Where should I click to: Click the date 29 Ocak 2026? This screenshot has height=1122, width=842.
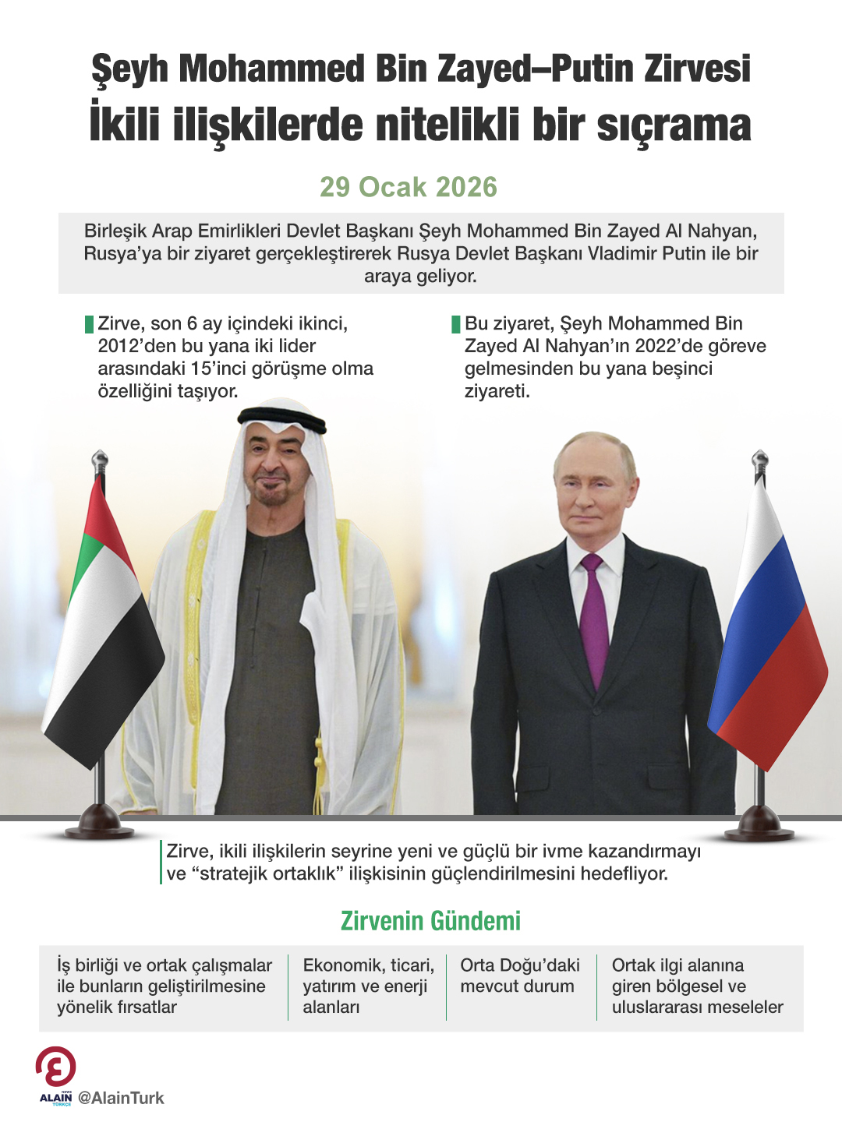[x=408, y=187]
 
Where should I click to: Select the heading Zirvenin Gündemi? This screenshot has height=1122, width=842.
[x=430, y=921]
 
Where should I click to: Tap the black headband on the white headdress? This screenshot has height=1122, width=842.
[x=282, y=421]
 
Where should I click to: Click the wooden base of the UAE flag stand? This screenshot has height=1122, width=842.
[x=99, y=822]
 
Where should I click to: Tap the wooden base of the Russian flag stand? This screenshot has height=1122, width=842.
[x=759, y=824]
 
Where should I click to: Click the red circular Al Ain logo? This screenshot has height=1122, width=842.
[x=56, y=1067]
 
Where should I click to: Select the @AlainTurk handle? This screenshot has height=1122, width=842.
[x=122, y=1098]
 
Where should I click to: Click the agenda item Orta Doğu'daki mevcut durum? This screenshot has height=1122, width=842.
[x=520, y=976]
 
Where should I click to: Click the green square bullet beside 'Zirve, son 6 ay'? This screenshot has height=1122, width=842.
[x=89, y=324]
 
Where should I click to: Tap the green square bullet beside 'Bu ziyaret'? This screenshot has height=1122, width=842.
[x=456, y=324]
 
